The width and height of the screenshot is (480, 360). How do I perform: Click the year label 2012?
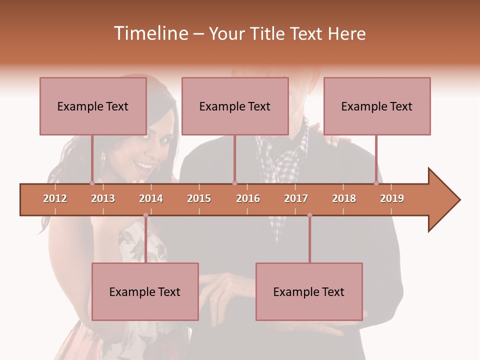(x=55, y=198)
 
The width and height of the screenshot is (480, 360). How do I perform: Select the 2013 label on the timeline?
(x=103, y=198)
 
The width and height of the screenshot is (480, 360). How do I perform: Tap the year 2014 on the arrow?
(x=151, y=198)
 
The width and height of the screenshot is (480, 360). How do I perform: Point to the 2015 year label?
(x=199, y=198)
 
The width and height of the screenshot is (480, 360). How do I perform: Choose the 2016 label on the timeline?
(x=248, y=198)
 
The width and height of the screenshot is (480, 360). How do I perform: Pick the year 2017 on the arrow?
(x=296, y=198)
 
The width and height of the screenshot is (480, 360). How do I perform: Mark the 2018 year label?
(x=344, y=198)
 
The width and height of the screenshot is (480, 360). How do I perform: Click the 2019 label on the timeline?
(x=392, y=198)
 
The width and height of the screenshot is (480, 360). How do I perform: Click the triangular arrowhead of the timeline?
(x=443, y=199)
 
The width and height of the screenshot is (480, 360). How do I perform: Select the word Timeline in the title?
(x=149, y=33)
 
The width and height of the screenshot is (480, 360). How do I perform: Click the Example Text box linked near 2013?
(x=93, y=106)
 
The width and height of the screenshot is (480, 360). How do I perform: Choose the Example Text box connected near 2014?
(x=145, y=291)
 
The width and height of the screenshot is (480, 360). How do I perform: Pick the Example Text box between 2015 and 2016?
(x=235, y=106)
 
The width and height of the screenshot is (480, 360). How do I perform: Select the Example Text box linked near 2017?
(x=309, y=291)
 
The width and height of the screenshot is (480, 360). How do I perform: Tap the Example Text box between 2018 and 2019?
(x=377, y=106)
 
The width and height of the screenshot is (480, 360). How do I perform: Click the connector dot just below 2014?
(x=145, y=215)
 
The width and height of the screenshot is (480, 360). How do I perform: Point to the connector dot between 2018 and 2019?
(x=376, y=183)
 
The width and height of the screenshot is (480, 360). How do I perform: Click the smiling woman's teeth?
(x=144, y=165)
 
